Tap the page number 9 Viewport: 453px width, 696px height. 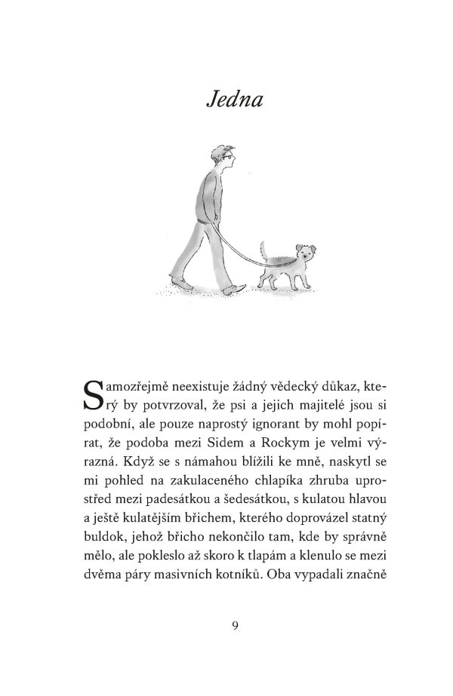click(236, 625)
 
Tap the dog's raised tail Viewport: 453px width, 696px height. click(263, 250)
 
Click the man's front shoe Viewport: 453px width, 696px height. click(238, 289)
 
